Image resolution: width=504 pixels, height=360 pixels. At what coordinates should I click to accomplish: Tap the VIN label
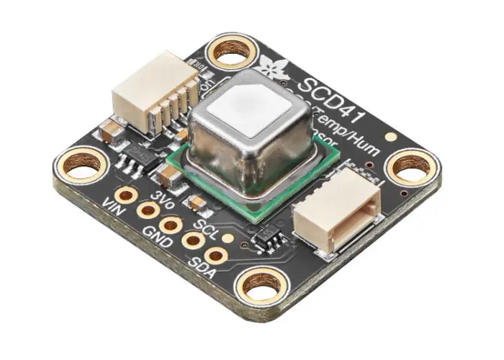pyautogui.click(x=112, y=203)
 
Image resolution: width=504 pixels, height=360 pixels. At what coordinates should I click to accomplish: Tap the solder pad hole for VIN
pyautogui.click(x=127, y=194)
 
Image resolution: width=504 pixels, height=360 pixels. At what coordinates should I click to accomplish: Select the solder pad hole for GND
pyautogui.click(x=171, y=225)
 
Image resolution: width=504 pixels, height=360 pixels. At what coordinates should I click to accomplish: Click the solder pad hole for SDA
pyautogui.click(x=215, y=254)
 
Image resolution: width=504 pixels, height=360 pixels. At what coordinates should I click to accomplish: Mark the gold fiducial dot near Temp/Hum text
pyautogui.click(x=391, y=135)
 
